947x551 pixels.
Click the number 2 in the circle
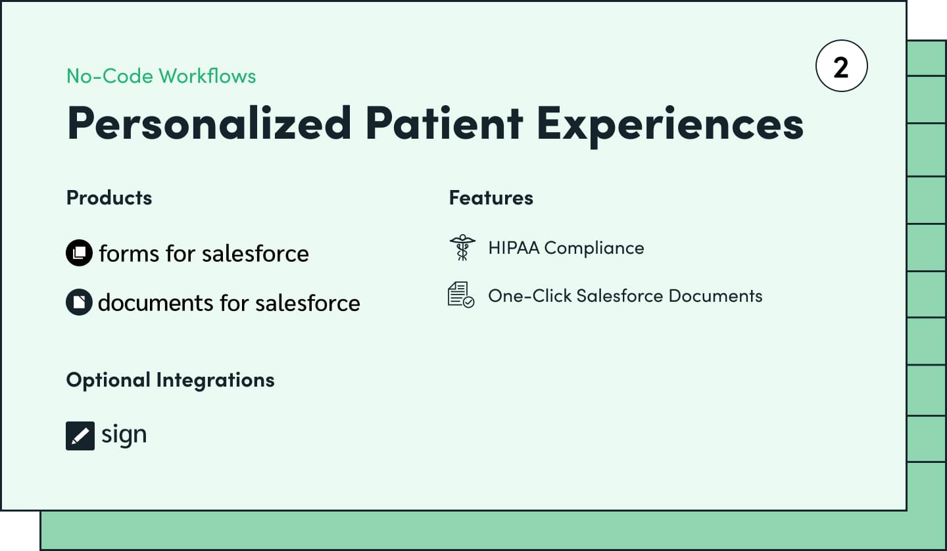click(841, 67)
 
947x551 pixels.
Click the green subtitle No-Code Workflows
click(161, 76)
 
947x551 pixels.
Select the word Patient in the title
click(445, 122)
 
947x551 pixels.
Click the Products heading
click(109, 197)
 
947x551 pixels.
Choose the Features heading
click(491, 197)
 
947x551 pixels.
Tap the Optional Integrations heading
click(170, 380)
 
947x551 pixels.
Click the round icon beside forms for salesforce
click(79, 252)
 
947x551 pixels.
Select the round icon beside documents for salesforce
click(79, 302)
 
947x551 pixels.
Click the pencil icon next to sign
click(80, 436)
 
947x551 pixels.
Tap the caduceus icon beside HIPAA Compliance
click(462, 248)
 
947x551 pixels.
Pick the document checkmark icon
click(461, 295)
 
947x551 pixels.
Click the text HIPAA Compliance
click(566, 248)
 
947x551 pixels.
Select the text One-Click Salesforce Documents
click(625, 296)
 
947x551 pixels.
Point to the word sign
click(124, 435)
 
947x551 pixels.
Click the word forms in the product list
click(129, 254)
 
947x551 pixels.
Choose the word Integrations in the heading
click(215, 380)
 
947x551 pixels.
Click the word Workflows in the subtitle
click(207, 76)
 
